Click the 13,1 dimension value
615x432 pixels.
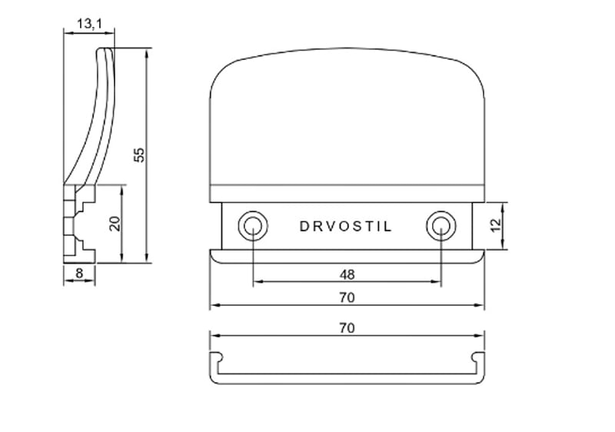tap(88, 25)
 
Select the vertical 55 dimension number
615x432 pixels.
tap(139, 155)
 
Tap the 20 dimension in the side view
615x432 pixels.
tap(115, 224)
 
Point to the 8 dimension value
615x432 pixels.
tap(79, 272)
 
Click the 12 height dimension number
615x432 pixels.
tap(495, 225)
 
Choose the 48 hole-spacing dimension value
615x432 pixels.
tap(347, 274)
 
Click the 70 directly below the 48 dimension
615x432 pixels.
tap(347, 297)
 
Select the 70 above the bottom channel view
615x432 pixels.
tap(347, 327)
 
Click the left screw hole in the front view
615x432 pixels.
tap(252, 225)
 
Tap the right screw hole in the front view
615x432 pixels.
tap(440, 225)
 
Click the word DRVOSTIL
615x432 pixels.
tap(347, 227)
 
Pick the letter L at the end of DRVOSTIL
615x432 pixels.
tap(388, 227)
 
